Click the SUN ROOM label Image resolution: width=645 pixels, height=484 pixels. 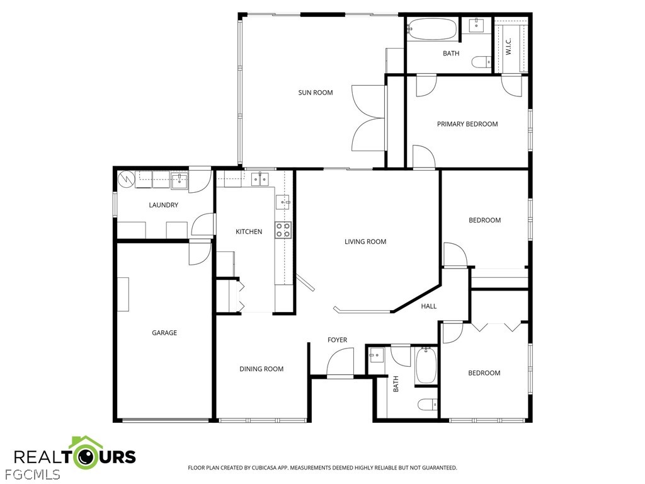[316, 93]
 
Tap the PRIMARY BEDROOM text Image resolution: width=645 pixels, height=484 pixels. [467, 124]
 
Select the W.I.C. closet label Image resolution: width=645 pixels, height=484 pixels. [508, 47]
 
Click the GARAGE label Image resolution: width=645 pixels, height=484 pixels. [164, 333]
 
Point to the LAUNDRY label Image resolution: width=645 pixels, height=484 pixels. [163, 205]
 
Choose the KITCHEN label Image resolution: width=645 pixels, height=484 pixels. [249, 232]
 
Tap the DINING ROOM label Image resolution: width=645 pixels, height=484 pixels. [261, 369]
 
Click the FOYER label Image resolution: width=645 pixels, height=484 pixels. [338, 340]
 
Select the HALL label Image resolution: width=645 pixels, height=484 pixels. [428, 306]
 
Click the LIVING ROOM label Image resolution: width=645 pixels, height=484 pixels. [365, 241]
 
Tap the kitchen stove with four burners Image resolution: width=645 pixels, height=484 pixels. [283, 229]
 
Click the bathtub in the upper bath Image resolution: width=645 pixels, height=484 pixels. [432, 29]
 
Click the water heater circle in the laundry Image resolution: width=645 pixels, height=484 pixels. [126, 178]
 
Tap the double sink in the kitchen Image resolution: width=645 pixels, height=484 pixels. [260, 180]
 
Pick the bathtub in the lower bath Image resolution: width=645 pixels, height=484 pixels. [426, 366]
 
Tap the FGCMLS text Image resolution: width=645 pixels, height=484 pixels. [30, 474]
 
